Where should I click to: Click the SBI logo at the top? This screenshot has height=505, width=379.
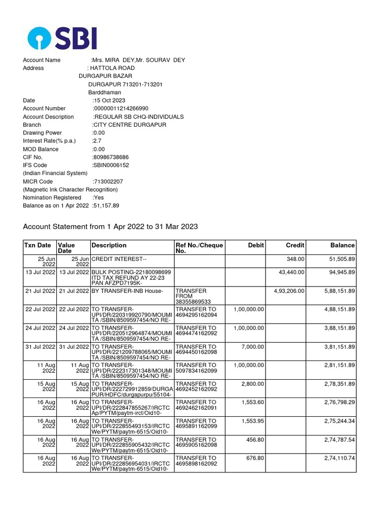pos(62,38)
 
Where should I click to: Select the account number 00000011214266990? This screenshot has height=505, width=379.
pos(120,108)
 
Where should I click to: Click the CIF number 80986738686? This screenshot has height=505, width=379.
pos(111,157)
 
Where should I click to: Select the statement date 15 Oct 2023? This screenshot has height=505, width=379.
pos(109,101)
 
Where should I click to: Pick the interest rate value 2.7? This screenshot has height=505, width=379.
pos(97,141)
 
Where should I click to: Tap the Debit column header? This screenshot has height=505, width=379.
pos(256,245)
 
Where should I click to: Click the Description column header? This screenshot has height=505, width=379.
pos(109,245)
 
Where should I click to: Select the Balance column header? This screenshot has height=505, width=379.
pos(342,245)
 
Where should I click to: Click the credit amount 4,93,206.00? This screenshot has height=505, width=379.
pos(289,291)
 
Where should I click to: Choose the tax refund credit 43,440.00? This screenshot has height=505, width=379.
pos(292,272)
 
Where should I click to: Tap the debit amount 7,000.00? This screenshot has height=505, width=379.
pos(253,347)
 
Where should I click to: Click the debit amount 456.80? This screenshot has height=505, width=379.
pos(255,440)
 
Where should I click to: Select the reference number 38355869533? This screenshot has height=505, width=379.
pos(193,301)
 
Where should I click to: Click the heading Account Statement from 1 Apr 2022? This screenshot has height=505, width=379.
pos(111,227)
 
